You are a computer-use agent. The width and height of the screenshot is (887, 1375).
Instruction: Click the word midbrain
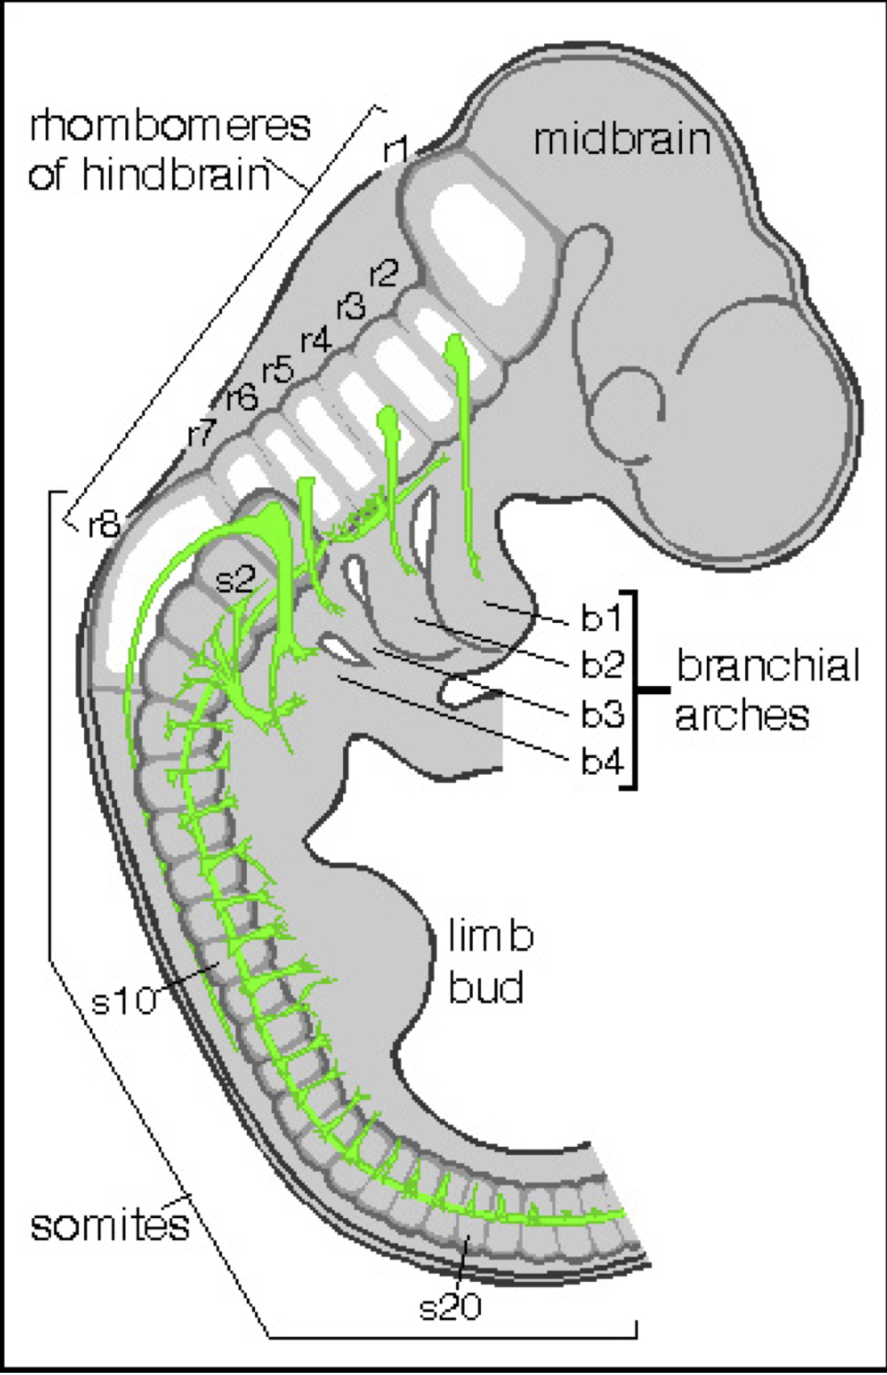coord(622,140)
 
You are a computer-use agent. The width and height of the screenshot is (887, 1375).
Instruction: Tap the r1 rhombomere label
coord(395,149)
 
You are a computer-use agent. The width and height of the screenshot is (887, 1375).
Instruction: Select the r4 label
coord(316,341)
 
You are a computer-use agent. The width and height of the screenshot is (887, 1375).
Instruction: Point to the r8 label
coord(104,525)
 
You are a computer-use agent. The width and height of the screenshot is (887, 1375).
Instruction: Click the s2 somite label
coord(236,579)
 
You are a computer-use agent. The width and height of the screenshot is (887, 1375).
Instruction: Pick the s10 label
coord(123,1000)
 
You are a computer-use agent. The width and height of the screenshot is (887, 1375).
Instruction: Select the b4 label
coord(602,763)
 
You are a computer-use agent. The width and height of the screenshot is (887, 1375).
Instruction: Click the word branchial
coord(768,665)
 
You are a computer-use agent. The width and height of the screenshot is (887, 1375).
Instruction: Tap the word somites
coord(110,1226)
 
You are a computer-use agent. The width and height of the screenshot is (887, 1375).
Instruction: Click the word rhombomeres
coord(170,125)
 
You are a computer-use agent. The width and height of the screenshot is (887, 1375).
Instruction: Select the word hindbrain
coord(176,175)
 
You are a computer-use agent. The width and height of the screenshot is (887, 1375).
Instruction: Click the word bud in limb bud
coord(486,987)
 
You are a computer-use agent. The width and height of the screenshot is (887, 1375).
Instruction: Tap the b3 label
coord(602,715)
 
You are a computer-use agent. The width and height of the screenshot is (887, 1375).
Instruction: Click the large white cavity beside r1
coord(476,240)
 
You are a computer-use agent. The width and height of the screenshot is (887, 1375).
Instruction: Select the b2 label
coord(602,665)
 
